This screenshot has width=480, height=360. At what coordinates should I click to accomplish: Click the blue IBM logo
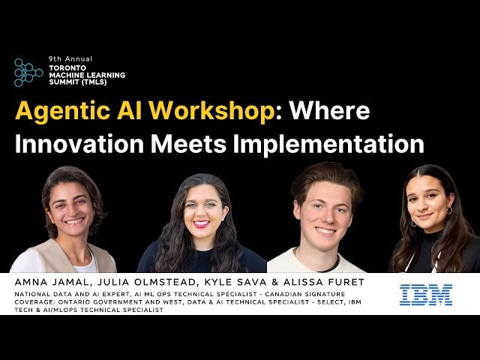click(x=425, y=294)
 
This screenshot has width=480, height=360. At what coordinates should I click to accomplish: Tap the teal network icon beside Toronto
click(x=28, y=73)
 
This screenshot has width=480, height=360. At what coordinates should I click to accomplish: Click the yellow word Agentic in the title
click(x=63, y=111)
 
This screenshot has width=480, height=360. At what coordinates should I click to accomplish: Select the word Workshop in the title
click(x=211, y=111)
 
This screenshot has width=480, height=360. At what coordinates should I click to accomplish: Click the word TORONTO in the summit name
click(x=66, y=67)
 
